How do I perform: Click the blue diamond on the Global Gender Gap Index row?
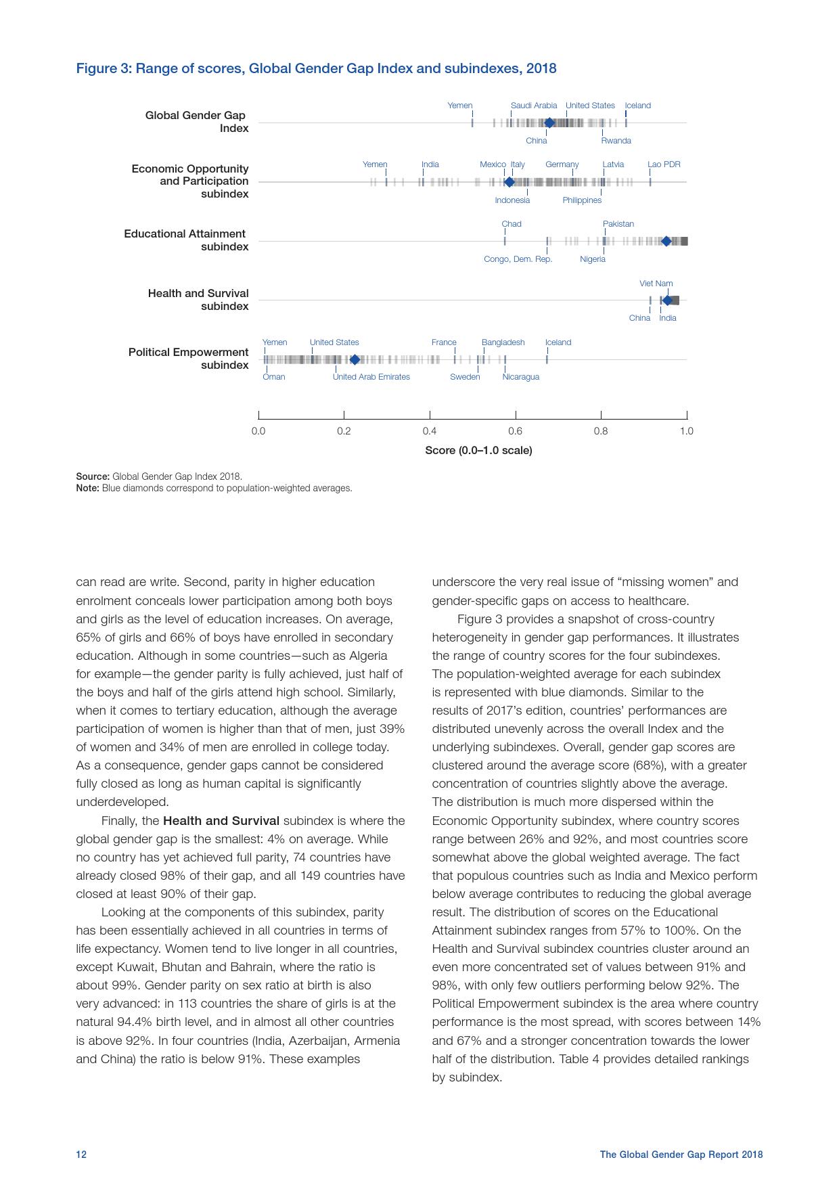coord(549,123)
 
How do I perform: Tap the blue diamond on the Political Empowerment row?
coord(355,359)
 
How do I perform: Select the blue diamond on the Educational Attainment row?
coord(666,242)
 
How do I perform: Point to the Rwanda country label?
coord(616,141)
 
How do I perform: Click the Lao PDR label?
coord(664,164)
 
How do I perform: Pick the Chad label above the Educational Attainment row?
coord(512,224)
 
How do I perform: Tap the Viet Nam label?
coord(656,284)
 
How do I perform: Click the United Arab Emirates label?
coord(371,377)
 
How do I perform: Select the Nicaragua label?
coord(520,377)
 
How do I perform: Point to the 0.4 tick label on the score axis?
coord(430,431)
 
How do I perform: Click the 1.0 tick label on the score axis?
coord(686,431)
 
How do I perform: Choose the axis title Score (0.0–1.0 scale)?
coord(478,451)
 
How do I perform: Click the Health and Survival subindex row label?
coord(198,300)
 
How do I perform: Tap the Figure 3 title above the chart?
coord(316,68)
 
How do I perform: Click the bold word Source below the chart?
coord(92,476)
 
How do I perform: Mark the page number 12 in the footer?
coord(81,1155)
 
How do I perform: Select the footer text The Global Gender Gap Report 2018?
coord(681,1155)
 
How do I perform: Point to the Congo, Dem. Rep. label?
coord(518,259)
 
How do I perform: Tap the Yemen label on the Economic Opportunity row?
coord(375,164)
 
